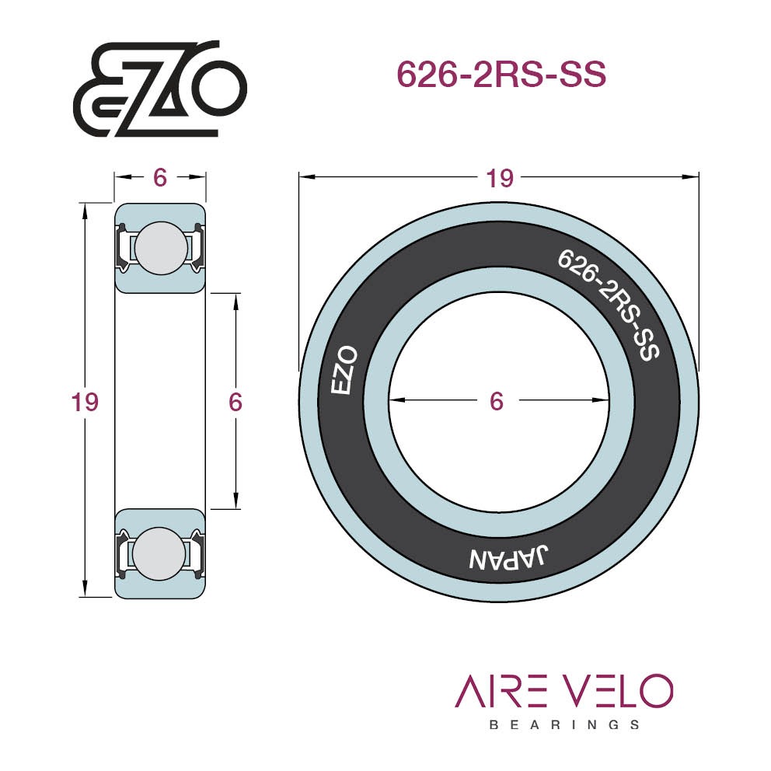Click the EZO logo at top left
pos(160,89)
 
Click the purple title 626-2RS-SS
pos(501,75)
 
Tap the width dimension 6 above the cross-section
pos(160,177)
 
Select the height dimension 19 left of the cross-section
pos(85,402)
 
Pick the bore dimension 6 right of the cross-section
pos(235,403)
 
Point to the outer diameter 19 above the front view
pos(500,178)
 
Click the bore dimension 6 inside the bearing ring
pos(497,401)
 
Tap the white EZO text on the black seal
pos(344,370)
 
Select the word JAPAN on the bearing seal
pos(508,557)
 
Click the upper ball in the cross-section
pos(161,248)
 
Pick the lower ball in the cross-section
pos(159,553)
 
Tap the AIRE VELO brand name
pos(563,691)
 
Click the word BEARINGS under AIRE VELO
pos(564,725)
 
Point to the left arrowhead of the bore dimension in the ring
pos(396,400)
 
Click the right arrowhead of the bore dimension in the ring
pos(601,400)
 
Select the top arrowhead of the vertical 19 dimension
pos(85,211)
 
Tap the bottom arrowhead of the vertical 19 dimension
pos(85,588)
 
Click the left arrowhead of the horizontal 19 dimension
pos(307,176)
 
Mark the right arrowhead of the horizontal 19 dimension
pos(690,176)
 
